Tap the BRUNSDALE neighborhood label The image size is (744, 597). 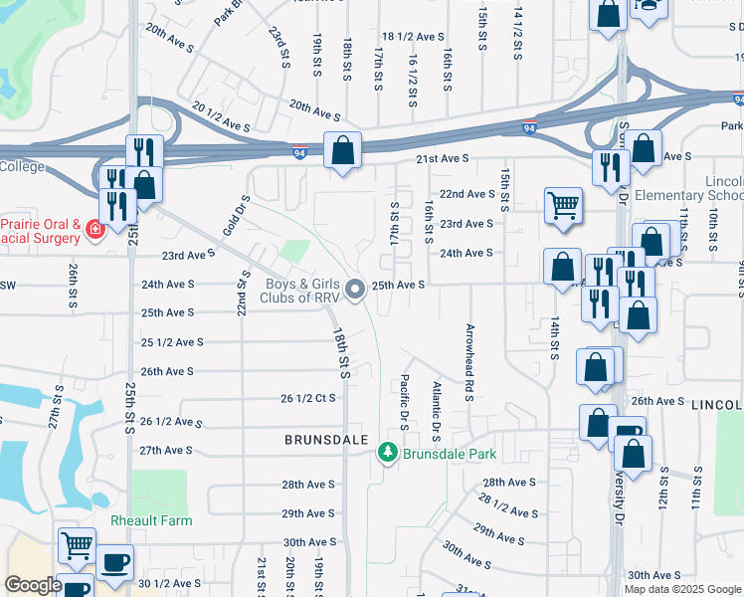326,440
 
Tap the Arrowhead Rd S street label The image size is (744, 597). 467,362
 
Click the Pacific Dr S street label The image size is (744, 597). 405,401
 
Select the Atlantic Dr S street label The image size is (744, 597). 437,408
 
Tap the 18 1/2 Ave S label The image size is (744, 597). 413,36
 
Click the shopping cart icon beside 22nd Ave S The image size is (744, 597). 563,205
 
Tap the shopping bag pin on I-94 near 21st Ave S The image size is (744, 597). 342,151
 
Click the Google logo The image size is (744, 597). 33,585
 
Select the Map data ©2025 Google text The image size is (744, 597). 682,589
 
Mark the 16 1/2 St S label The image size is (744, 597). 411,81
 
